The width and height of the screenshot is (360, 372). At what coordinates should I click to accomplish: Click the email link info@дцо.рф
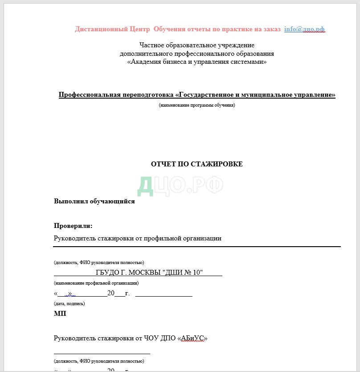(304, 29)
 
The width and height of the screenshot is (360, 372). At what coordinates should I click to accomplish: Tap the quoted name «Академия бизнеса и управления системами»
(196, 62)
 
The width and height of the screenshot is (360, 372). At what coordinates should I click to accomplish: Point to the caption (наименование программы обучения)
(196, 105)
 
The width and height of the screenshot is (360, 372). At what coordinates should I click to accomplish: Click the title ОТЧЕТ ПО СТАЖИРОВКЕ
(196, 164)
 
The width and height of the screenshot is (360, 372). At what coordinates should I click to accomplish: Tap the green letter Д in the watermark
(146, 186)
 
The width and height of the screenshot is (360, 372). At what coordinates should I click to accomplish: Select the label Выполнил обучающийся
(94, 201)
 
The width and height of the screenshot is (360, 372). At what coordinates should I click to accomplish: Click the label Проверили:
(73, 226)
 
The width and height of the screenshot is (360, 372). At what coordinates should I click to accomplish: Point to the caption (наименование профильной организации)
(96, 283)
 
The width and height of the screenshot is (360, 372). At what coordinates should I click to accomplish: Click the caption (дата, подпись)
(69, 303)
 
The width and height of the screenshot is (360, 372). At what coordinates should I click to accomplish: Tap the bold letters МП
(60, 314)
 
